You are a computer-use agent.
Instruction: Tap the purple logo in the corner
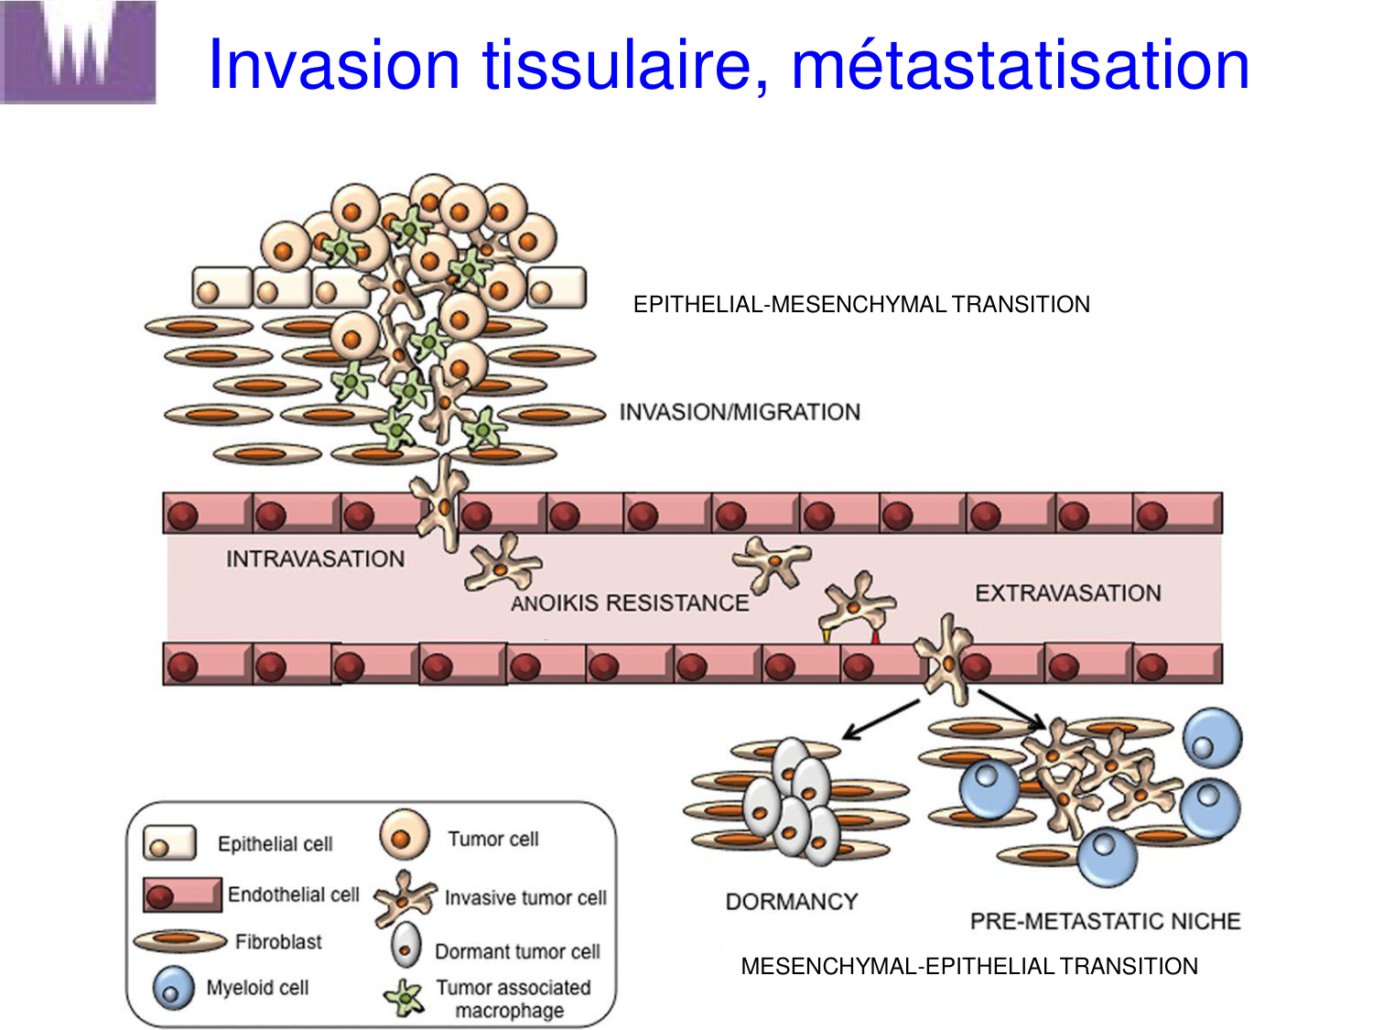pos(78,51)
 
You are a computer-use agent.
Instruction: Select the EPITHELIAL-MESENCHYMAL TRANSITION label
pos(861,305)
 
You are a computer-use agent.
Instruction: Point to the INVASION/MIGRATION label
pos(740,412)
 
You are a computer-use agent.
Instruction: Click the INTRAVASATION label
pos(315,558)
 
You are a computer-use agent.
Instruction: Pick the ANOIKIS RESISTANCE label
pos(630,602)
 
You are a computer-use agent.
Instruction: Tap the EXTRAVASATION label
pos(1067,593)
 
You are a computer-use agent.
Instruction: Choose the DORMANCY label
pos(791,902)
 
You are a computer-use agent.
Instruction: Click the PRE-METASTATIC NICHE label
pos(1105,921)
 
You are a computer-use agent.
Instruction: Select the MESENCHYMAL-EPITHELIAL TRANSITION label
pos(969,966)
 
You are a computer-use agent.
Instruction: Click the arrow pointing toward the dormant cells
pos(880,720)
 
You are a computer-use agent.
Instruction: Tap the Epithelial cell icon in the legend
pos(169,843)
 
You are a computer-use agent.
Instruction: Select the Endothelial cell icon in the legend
pos(182,894)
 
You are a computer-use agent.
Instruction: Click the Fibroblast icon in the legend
pos(180,940)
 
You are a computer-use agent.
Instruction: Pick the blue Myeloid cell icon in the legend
pos(173,989)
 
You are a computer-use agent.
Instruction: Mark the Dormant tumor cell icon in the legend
pos(405,946)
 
